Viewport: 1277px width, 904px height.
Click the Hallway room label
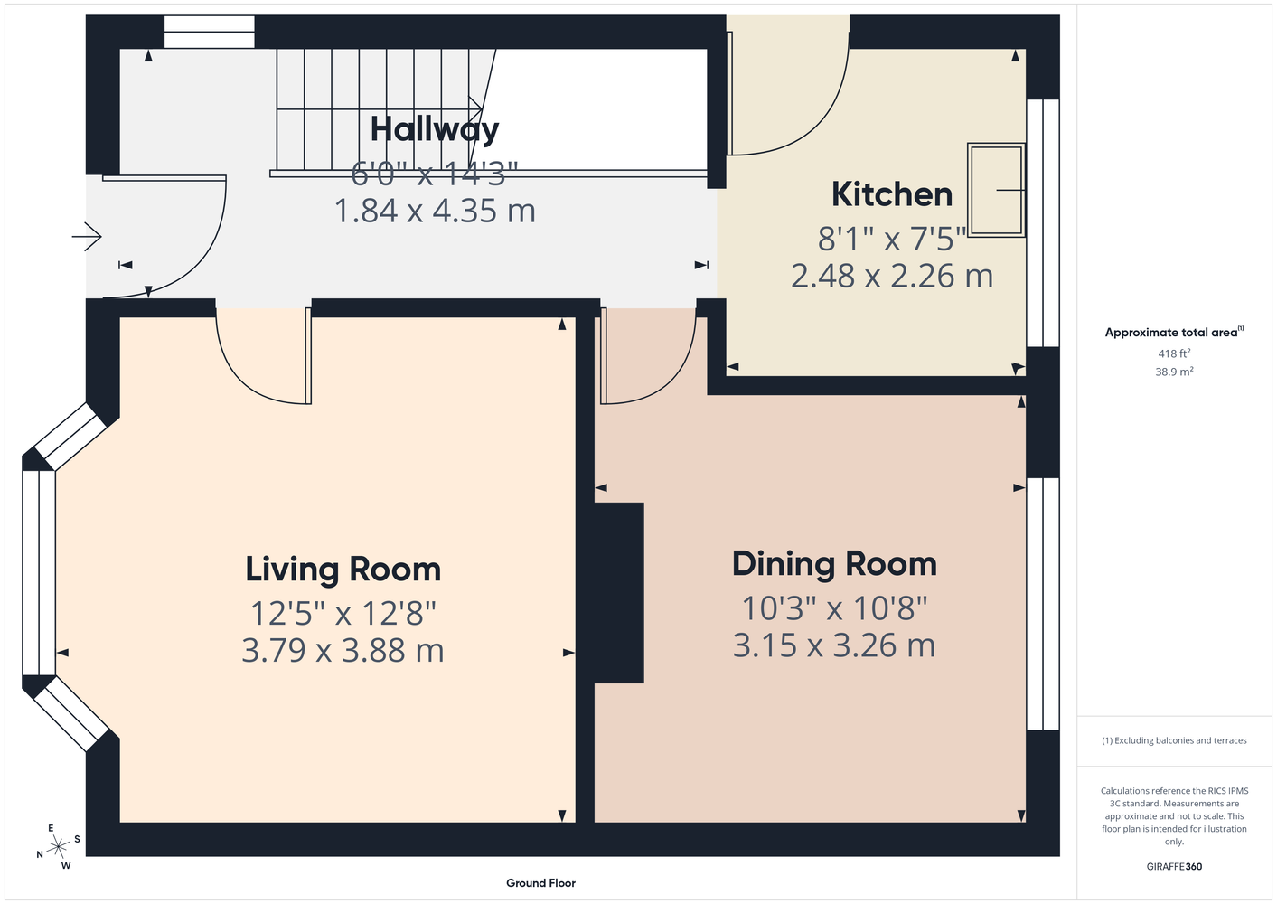pyautogui.click(x=435, y=129)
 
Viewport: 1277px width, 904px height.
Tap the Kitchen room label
pyautogui.click(x=892, y=194)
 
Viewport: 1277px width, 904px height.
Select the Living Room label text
pyautogui.click(x=343, y=570)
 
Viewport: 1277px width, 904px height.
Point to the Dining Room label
pyautogui.click(x=834, y=564)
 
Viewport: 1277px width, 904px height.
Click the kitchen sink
pyautogui.click(x=997, y=190)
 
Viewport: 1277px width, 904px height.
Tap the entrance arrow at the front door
pyautogui.click(x=87, y=236)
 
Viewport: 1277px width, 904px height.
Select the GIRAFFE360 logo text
pyautogui.click(x=1174, y=866)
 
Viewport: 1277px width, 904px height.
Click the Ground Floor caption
pyautogui.click(x=541, y=883)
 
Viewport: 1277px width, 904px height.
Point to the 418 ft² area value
pyautogui.click(x=1174, y=353)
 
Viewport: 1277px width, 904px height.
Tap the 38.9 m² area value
pyautogui.click(x=1174, y=372)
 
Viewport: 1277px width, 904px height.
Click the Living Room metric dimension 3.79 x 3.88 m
pyautogui.click(x=343, y=650)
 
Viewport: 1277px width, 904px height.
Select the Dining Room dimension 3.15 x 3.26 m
pyautogui.click(x=834, y=645)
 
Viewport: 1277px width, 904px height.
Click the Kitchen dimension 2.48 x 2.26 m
pyautogui.click(x=892, y=276)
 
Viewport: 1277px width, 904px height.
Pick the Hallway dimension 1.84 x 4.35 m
pyautogui.click(x=435, y=211)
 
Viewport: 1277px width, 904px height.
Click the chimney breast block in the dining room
pyautogui.click(x=619, y=593)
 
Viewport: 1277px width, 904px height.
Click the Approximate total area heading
pyautogui.click(x=1174, y=332)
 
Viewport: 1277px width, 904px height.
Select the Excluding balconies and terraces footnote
pyautogui.click(x=1174, y=740)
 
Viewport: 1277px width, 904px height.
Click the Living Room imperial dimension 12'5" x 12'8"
pyautogui.click(x=343, y=613)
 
